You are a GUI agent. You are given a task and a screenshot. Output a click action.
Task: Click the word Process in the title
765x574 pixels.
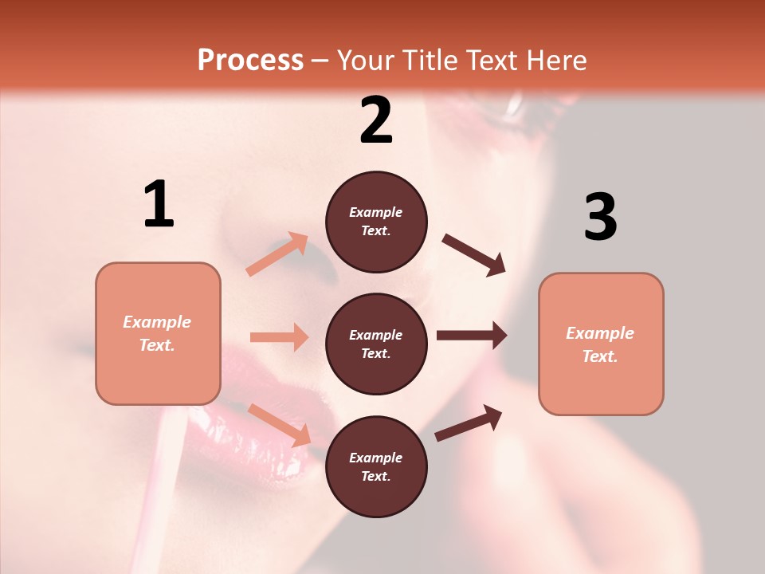point(250,60)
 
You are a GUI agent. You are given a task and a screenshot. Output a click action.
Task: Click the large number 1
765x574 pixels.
point(159,205)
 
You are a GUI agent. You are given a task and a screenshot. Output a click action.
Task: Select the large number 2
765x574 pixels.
point(376,120)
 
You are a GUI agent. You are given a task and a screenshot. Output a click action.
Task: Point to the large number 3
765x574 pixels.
point(600,217)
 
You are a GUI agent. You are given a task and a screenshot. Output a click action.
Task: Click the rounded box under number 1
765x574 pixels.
point(158,333)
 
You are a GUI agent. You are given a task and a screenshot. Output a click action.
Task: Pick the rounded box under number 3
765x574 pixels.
point(601,344)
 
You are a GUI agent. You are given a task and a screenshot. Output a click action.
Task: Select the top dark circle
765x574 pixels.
point(376,222)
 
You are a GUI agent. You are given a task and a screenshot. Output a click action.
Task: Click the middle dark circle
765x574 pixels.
point(376,344)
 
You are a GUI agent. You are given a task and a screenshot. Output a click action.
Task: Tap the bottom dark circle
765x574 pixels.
point(376,466)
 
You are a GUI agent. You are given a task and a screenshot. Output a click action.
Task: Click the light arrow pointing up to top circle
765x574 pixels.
point(277,254)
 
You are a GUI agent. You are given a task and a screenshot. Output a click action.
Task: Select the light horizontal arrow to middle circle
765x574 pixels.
point(279,337)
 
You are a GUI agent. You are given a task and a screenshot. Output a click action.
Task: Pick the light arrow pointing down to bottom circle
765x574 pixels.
point(280,425)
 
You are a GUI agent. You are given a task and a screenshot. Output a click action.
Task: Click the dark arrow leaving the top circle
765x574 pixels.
point(474,254)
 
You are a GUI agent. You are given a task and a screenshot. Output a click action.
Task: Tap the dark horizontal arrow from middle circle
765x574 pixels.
point(472,336)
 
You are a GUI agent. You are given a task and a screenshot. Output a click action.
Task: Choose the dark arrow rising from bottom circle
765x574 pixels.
point(469,423)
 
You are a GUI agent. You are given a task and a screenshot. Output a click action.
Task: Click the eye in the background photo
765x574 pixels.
point(518,104)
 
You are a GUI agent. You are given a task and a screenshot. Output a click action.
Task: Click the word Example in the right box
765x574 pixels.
point(600,333)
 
